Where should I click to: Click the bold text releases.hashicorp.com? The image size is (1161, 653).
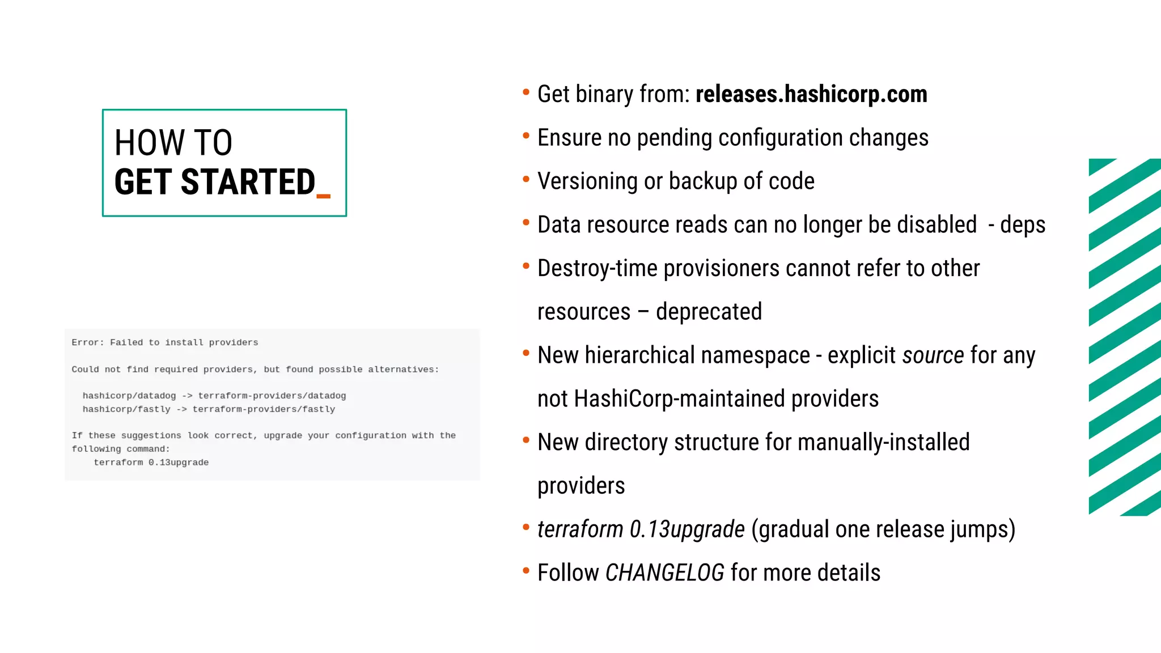pyautogui.click(x=811, y=94)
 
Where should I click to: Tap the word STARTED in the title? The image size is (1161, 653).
pyautogui.click(x=248, y=182)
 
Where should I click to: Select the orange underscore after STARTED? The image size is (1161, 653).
pyautogui.click(x=323, y=196)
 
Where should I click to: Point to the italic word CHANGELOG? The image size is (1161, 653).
pyautogui.click(x=664, y=573)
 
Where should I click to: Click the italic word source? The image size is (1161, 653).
pyautogui.click(x=933, y=355)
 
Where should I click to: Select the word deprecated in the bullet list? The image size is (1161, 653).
pyautogui.click(x=709, y=312)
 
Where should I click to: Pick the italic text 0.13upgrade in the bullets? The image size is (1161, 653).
pyautogui.click(x=687, y=529)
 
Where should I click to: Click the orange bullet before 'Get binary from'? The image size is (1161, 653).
pyautogui.click(x=526, y=92)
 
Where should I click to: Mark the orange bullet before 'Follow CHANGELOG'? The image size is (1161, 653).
pyautogui.click(x=526, y=571)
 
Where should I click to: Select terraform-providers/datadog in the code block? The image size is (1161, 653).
pyautogui.click(x=272, y=396)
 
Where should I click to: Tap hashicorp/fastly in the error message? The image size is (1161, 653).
pyautogui.click(x=126, y=409)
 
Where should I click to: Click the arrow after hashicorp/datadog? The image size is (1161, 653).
pyautogui.click(x=187, y=396)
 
